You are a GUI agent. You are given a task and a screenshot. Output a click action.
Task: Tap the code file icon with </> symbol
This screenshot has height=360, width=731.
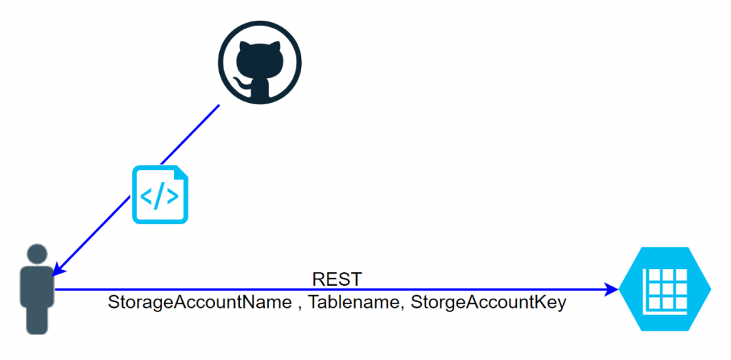(x=160, y=194)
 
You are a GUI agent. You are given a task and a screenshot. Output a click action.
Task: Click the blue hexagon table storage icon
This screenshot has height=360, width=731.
(x=665, y=289)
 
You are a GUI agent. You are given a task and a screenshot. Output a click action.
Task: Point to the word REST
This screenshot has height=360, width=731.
(x=337, y=279)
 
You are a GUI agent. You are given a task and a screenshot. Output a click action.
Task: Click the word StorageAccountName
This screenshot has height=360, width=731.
(x=199, y=303)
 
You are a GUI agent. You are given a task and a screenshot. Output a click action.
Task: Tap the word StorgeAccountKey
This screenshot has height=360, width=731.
(x=488, y=303)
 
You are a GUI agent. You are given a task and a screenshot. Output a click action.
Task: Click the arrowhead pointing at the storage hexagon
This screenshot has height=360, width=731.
(x=612, y=289)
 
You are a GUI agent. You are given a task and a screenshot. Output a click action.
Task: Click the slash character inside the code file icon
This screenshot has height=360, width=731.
(x=160, y=196)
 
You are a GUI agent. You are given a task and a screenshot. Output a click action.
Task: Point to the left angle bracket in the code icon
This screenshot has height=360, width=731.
(x=147, y=196)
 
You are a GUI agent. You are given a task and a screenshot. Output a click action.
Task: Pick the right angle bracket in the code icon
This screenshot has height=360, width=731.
(x=173, y=196)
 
